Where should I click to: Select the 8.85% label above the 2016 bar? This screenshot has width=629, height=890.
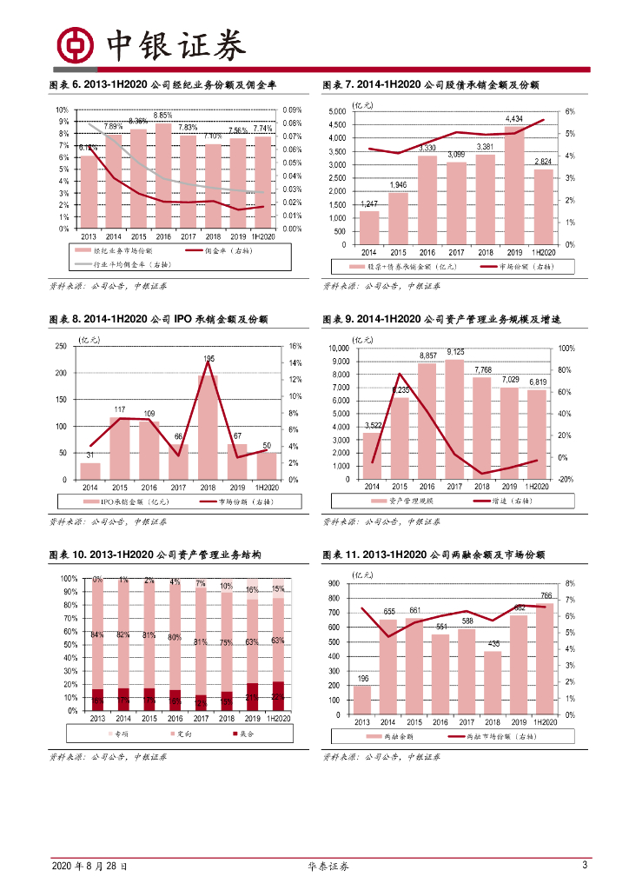pyautogui.click(x=162, y=116)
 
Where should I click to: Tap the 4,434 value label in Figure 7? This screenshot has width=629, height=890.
pyautogui.click(x=514, y=118)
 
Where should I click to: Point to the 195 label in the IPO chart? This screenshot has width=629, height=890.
pyautogui.click(x=209, y=358)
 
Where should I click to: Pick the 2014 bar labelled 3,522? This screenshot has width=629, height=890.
pyautogui.click(x=372, y=455)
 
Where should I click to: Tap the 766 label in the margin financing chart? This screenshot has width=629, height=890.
pyautogui.click(x=546, y=595)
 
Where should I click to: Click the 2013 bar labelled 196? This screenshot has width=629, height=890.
pyautogui.click(x=362, y=700)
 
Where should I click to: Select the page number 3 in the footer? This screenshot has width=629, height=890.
pyautogui.click(x=585, y=866)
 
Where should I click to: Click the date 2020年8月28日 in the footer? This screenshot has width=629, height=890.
pyautogui.click(x=89, y=867)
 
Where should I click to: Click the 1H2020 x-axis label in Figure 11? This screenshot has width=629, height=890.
pyautogui.click(x=546, y=722)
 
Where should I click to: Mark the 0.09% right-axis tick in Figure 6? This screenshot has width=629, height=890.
pyautogui.click(x=292, y=110)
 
